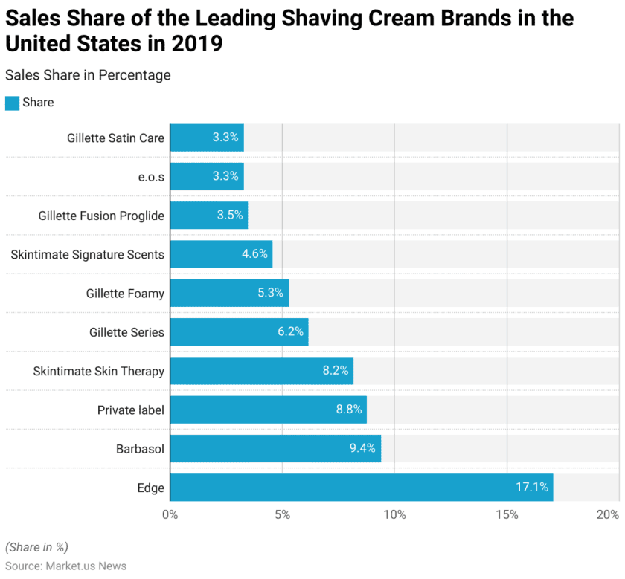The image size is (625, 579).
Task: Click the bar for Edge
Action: (361, 488)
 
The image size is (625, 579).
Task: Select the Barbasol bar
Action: (275, 448)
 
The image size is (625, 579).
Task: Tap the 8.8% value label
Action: (348, 410)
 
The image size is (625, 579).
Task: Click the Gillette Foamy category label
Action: (125, 293)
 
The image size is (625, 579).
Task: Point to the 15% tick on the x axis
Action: (507, 515)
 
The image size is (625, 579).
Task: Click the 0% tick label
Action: (170, 515)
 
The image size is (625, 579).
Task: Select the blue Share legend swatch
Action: (12, 103)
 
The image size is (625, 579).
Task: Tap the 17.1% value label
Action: (532, 488)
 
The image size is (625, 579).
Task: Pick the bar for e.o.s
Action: (207, 176)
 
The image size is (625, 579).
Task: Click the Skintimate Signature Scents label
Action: (87, 254)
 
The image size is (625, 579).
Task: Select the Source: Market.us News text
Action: (65, 566)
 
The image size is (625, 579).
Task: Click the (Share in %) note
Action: (36, 547)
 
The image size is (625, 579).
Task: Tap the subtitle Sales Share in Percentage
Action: (88, 75)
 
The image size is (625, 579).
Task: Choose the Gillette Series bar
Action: (239, 331)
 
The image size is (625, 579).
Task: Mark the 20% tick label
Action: (608, 515)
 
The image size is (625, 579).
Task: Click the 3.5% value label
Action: (230, 216)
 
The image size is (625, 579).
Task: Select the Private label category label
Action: (131, 410)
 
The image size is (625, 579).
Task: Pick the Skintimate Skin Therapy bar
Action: (261, 371)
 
